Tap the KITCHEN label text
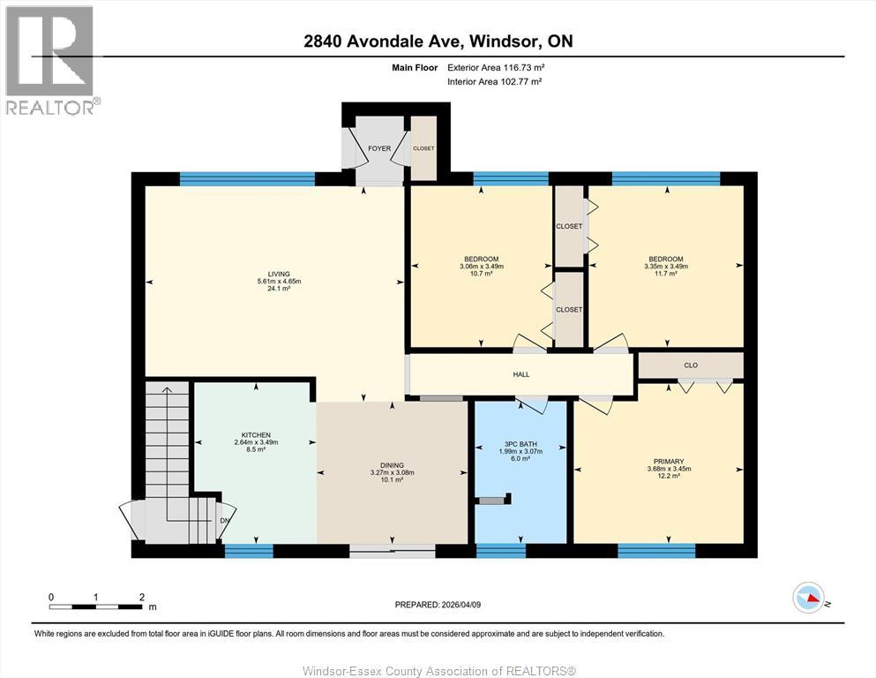(x=256, y=435)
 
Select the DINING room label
(x=392, y=465)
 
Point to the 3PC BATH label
(x=520, y=444)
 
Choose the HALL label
(x=521, y=374)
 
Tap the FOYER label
(x=379, y=148)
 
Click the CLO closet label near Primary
(x=691, y=365)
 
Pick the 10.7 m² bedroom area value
(x=481, y=274)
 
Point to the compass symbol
(x=808, y=599)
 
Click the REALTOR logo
(x=49, y=60)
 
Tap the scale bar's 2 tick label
(x=141, y=597)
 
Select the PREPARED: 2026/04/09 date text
(x=438, y=605)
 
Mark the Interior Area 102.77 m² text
(x=494, y=81)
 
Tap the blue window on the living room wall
(x=247, y=179)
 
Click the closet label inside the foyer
(x=423, y=148)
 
